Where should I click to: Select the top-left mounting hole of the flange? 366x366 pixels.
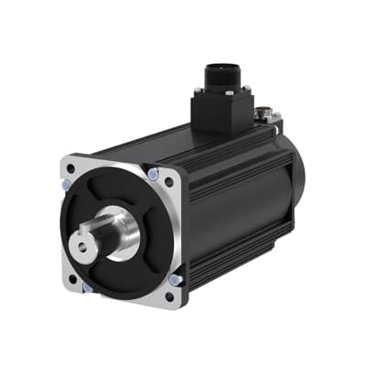[72, 170]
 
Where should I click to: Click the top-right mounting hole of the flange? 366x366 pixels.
[168, 182]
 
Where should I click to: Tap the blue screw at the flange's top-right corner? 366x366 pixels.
[153, 174]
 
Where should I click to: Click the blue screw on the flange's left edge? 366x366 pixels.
[65, 184]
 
